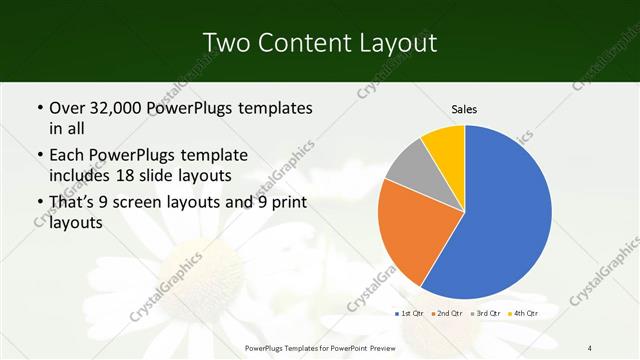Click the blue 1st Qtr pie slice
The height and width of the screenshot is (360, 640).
coord(505,215)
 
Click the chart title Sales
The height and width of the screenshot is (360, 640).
coord(463,108)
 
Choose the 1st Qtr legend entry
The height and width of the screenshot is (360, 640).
coord(409,314)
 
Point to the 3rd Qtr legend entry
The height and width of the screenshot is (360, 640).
coord(487,314)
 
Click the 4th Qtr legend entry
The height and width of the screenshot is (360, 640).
coord(525,314)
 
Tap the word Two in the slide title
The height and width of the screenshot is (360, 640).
coord(227,43)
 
